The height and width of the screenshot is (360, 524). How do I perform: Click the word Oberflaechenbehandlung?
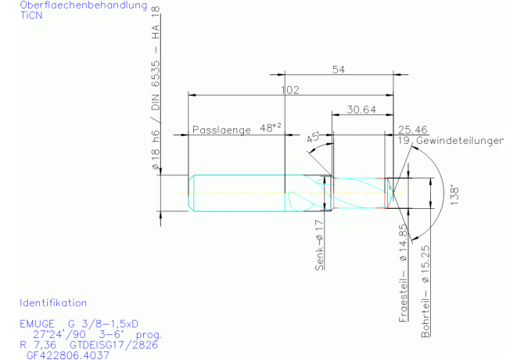tap(84, 5)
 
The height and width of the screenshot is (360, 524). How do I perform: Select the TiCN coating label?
tap(31, 16)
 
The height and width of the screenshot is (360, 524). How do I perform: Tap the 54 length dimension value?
tap(339, 70)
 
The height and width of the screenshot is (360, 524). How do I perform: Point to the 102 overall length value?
tap(290, 90)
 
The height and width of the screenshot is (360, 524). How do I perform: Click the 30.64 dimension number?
tap(361, 110)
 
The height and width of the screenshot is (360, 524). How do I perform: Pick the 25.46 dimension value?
tap(413, 130)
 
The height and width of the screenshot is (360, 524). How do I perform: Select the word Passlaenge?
tap(221, 130)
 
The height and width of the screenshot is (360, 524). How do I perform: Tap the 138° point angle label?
tap(454, 195)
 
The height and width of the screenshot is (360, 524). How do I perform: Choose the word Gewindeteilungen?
tap(460, 141)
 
